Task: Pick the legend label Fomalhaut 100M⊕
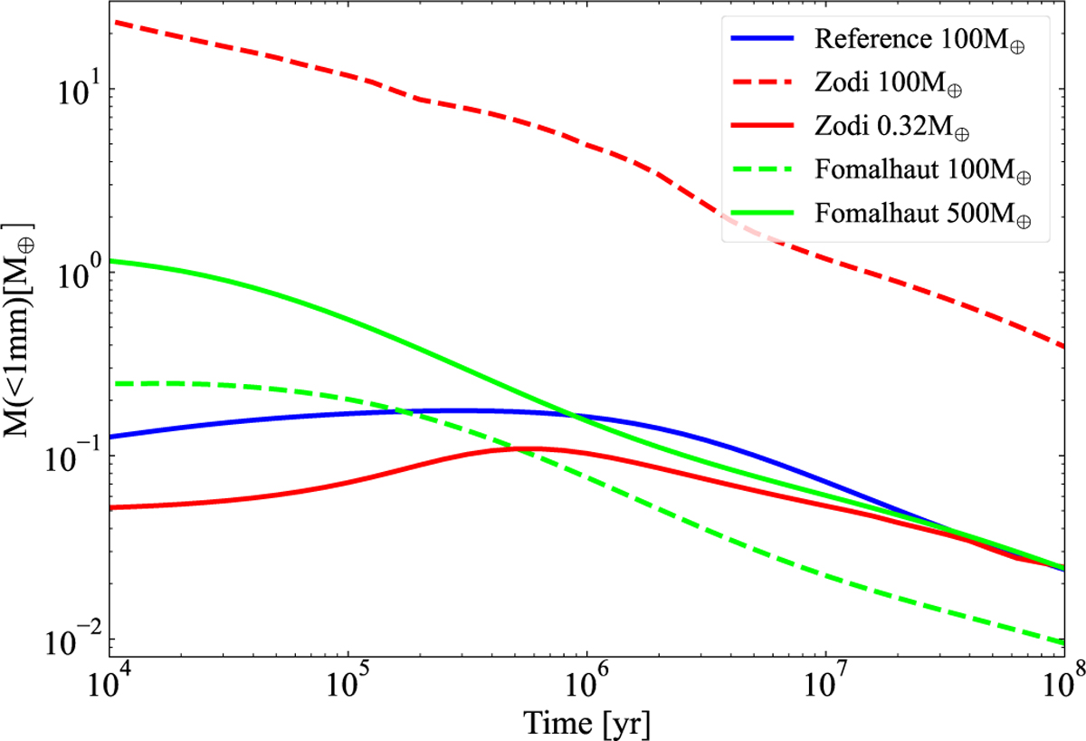(x=920, y=171)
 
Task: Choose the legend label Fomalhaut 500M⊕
(x=920, y=215)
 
